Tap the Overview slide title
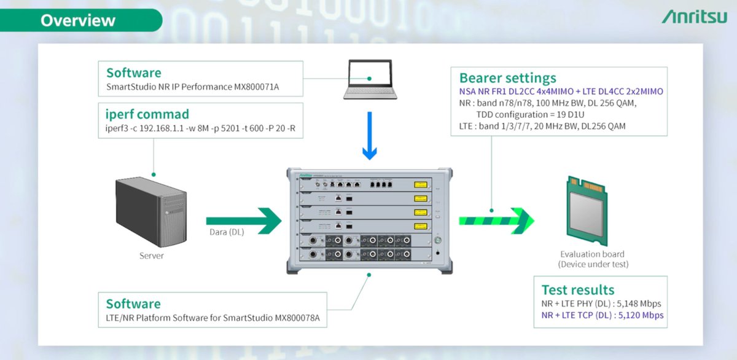pos(78,20)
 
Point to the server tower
pos(149,213)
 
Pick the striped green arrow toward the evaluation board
pos(496,221)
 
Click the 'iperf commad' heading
pos(147,114)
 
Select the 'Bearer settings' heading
pos(507,78)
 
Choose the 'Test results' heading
pos(577,290)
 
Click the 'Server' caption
pos(151,256)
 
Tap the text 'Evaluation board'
pos(592,254)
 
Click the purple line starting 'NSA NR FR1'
pos(561,92)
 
